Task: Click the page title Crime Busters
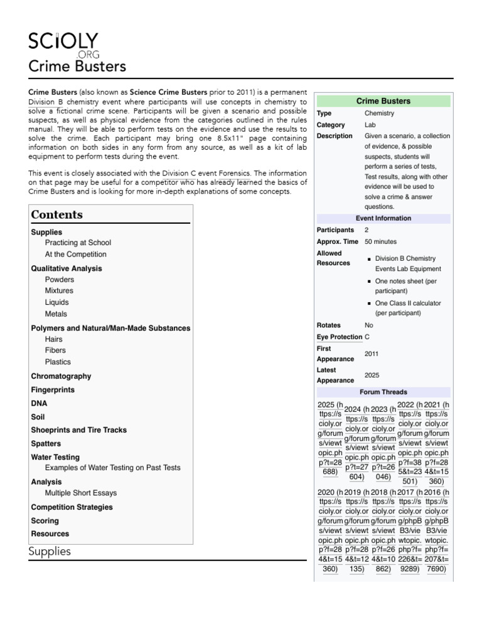coord(77,66)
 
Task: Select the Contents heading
coord(56,214)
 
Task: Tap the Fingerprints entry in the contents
coord(53,390)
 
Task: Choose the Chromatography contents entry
coord(61,376)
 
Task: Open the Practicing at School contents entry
coord(78,243)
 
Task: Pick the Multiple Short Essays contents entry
coord(81,493)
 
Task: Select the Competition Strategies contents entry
coord(72,507)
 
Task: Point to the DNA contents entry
coord(39,404)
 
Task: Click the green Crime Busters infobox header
coord(383,101)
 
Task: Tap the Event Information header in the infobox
coord(383,218)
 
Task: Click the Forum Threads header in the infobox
coord(383,392)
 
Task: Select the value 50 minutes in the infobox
coord(380,241)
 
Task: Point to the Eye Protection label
coord(340,337)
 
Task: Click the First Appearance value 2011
coord(372,354)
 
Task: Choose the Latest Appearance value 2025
coord(372,375)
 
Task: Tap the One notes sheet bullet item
coord(405,286)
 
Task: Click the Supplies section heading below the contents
coord(50,552)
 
